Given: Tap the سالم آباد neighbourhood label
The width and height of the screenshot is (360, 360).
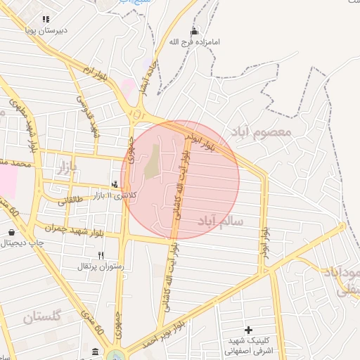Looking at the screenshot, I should tap(221, 221).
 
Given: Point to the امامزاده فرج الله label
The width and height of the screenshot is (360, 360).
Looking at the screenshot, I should tap(195, 42).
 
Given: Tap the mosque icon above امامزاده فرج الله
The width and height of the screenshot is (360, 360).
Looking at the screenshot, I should tap(195, 32).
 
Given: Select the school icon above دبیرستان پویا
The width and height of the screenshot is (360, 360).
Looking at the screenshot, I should tap(46, 20).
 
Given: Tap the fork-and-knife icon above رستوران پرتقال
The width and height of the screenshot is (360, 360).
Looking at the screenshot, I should tap(101, 255).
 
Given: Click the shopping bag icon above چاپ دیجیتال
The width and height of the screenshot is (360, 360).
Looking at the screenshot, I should tap(12, 232).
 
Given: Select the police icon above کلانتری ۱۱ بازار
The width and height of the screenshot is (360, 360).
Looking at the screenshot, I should tap(115, 184).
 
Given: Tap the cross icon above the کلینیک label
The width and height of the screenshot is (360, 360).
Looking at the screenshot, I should tap(247, 330).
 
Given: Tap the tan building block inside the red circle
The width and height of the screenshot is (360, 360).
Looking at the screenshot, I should tap(152, 162).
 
